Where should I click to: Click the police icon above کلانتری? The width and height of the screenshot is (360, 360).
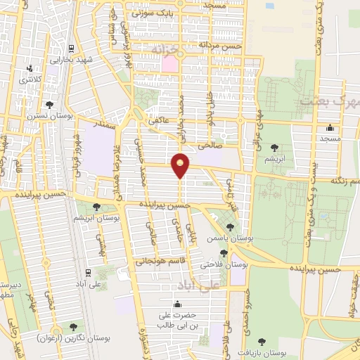point(30,69)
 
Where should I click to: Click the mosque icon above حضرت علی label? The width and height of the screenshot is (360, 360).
point(176,304)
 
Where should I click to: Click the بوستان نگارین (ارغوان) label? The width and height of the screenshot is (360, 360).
point(74,339)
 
